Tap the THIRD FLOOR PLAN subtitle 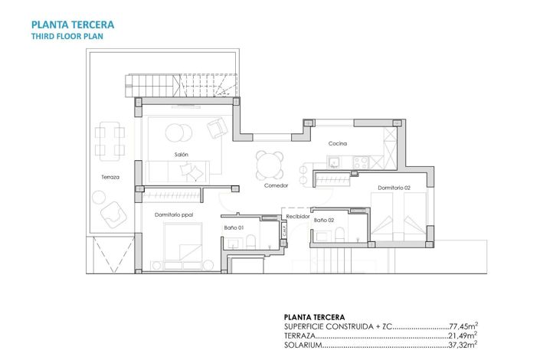[x=67, y=35]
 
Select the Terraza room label [x=110, y=177]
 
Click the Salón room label [x=181, y=155]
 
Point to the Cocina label [x=339, y=143]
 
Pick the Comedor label [x=276, y=185]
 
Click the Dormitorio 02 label [x=394, y=188]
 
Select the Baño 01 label [x=234, y=227]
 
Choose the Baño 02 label [x=325, y=220]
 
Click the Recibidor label [x=299, y=217]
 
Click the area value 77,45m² [x=463, y=326]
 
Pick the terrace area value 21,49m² [x=463, y=335]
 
